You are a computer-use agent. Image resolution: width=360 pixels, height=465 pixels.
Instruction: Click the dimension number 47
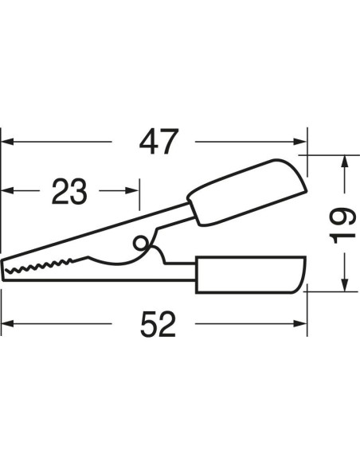tap(158, 142)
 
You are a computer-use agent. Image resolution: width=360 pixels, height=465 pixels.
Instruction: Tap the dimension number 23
tap(69, 191)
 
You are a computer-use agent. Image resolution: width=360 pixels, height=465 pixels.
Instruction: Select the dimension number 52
tap(158, 323)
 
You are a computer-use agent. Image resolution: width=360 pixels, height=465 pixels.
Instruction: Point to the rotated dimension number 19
tap(342, 225)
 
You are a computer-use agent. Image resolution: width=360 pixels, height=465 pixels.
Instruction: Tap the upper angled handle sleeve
tap(247, 193)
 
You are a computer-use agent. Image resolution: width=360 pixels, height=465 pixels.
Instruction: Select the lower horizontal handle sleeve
tap(251, 275)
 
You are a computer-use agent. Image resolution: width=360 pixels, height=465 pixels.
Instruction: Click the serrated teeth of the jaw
tap(38, 265)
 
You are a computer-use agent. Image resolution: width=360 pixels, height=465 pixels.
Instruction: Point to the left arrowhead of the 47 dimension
tap(7, 142)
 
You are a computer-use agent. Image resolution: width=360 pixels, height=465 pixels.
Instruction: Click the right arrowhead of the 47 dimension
tap(299, 142)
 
